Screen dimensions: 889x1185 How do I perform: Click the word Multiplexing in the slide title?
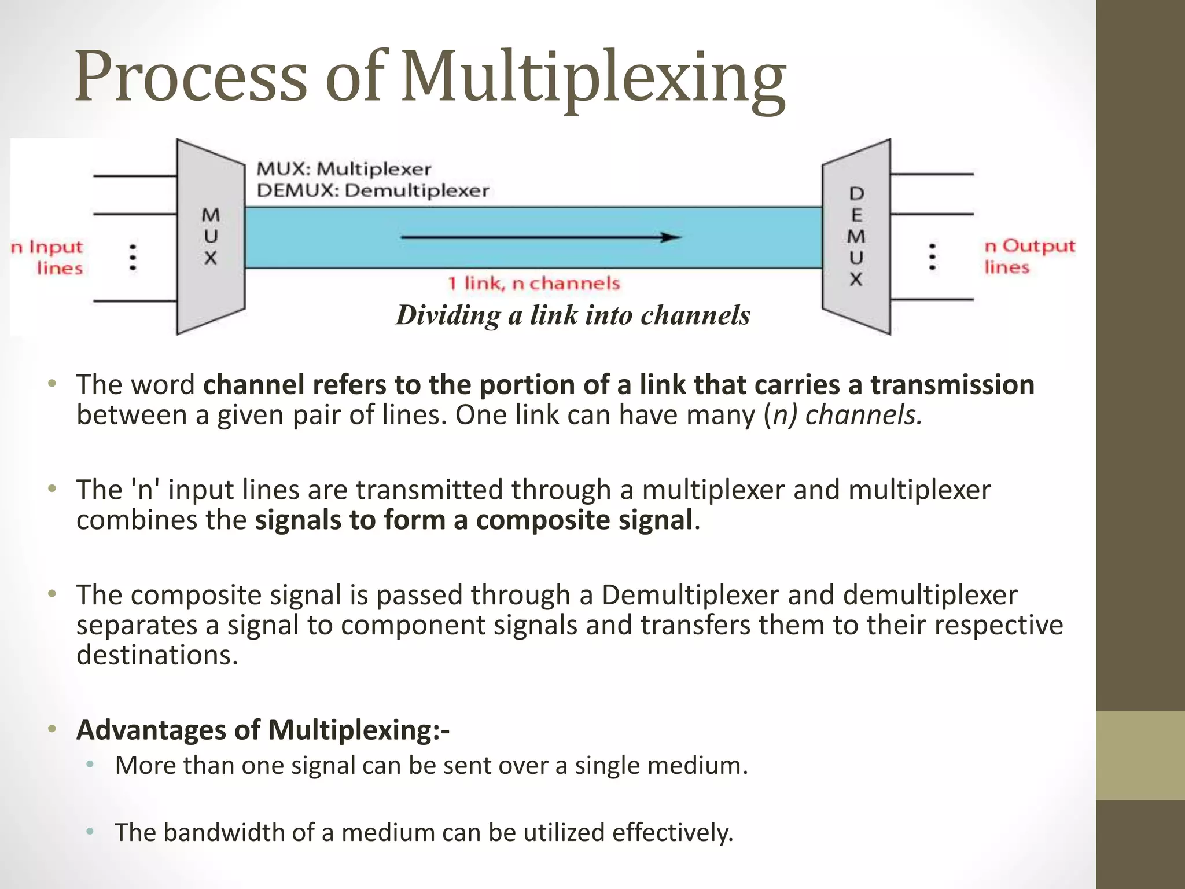(593, 78)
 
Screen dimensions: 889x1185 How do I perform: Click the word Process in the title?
(191, 78)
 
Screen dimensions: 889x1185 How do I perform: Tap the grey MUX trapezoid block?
(211, 237)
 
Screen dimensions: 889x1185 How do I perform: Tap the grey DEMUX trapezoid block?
(856, 237)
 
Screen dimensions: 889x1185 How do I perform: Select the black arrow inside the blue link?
(541, 237)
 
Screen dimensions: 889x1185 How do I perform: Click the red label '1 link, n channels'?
(533, 284)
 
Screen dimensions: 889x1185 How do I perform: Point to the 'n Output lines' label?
(1029, 256)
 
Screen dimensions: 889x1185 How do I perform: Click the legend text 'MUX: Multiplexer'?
(344, 169)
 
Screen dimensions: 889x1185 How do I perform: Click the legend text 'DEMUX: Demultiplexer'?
(373, 190)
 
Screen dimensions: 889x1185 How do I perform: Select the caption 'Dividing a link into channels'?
(573, 315)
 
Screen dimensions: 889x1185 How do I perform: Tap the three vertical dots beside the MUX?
(133, 257)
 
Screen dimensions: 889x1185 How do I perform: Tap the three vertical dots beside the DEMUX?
(932, 256)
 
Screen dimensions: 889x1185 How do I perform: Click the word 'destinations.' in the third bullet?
(157, 655)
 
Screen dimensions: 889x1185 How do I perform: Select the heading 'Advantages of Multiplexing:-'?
(263, 730)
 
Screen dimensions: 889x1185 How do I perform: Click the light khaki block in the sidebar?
(1140, 755)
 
